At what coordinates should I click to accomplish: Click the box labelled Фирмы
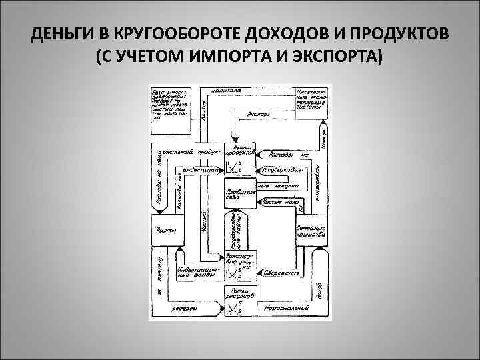pos(166,230)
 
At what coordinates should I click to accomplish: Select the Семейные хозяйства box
pos(311,230)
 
